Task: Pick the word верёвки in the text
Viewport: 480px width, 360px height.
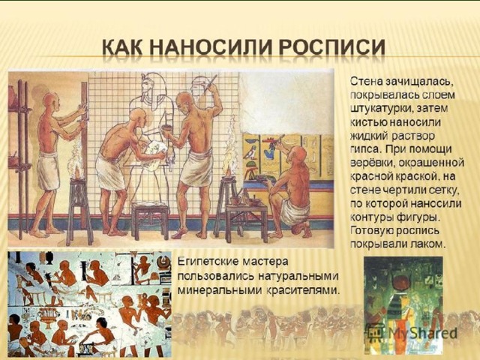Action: (x=369, y=163)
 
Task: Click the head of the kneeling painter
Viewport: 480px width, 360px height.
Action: (x=298, y=154)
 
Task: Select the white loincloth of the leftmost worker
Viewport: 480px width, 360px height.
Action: (x=48, y=171)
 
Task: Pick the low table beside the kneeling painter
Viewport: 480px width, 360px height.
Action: (x=247, y=218)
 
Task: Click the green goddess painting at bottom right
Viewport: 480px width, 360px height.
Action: (x=403, y=305)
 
